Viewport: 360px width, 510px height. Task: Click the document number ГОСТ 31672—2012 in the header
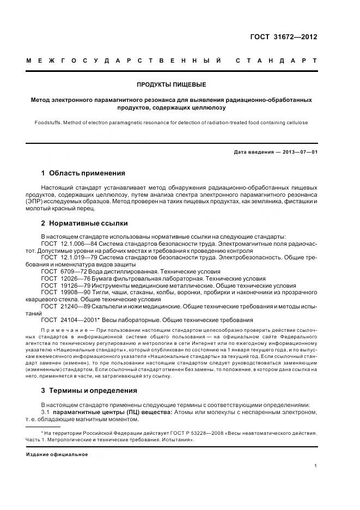point(283,37)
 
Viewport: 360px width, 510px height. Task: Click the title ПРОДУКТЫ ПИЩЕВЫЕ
point(171,85)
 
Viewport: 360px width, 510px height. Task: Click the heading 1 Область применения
point(83,173)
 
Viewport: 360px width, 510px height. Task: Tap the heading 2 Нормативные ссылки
point(84,223)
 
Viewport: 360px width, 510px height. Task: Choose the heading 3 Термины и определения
point(89,391)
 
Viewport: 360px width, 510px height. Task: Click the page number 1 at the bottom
point(316,466)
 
